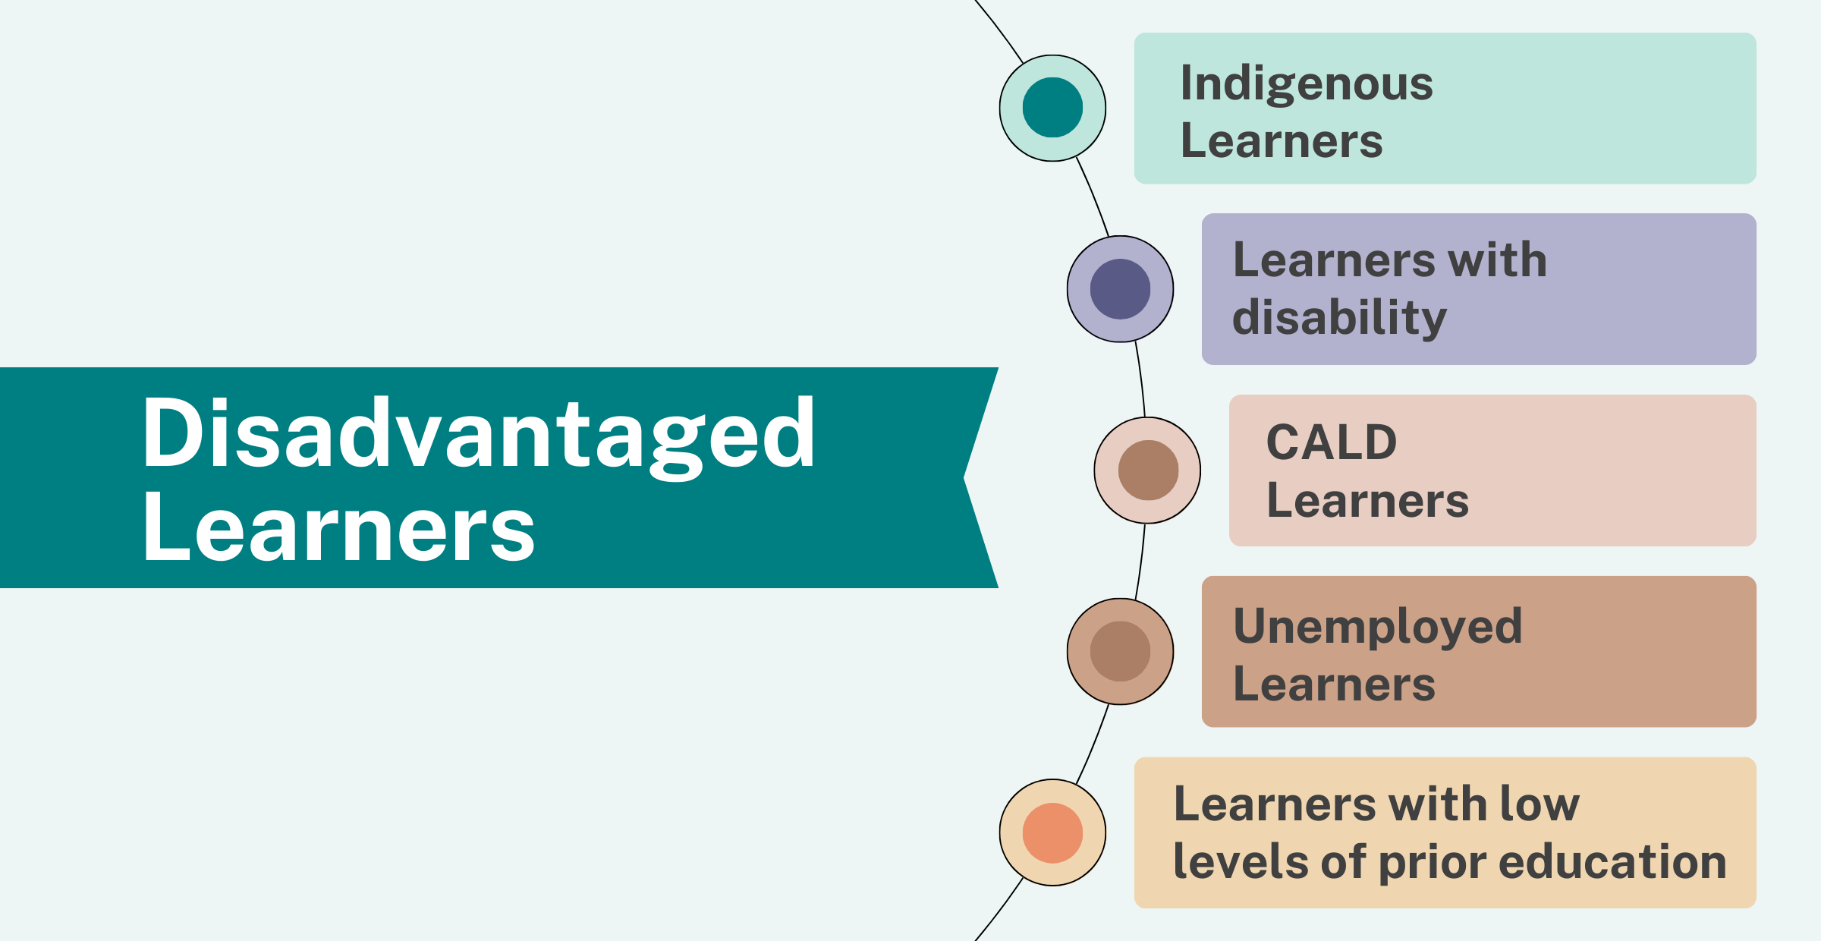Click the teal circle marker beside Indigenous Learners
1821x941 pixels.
(1052, 108)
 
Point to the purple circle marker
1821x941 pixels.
(1120, 289)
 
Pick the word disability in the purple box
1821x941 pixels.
(1340, 317)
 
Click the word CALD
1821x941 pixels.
(1332, 442)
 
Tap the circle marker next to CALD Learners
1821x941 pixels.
(1147, 470)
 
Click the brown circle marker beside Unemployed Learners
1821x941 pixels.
(1120, 651)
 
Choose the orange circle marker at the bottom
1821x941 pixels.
(1052, 832)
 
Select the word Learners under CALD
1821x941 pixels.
(1367, 501)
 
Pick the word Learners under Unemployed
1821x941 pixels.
(1335, 685)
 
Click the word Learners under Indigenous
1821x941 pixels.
(1282, 141)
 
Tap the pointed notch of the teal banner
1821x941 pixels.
(964, 478)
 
